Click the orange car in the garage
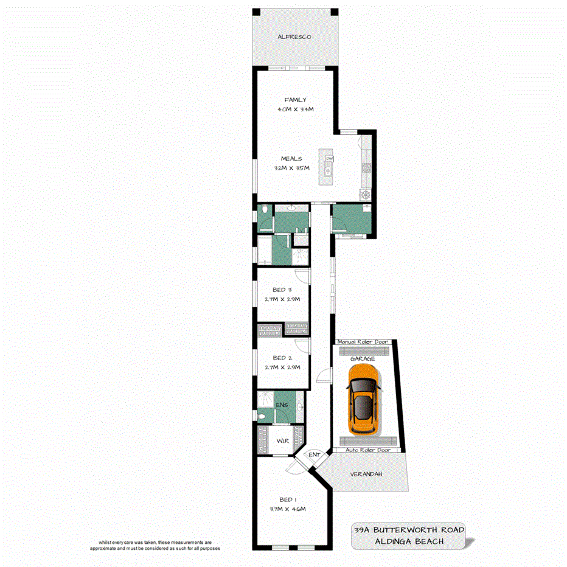point(363,402)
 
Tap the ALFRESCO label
point(294,37)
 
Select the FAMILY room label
point(295,100)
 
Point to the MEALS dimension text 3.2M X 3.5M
point(291,168)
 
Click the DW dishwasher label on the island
point(329,159)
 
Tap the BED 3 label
point(283,290)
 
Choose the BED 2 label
point(283,358)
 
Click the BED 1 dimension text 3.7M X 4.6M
point(287,509)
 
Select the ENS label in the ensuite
point(282,405)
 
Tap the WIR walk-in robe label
point(282,440)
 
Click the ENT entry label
point(314,455)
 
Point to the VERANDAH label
point(366,474)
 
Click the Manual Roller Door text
point(363,343)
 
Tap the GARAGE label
point(363,359)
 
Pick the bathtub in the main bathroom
point(266,251)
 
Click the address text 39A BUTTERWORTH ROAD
point(409,530)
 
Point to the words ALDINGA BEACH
point(409,541)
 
